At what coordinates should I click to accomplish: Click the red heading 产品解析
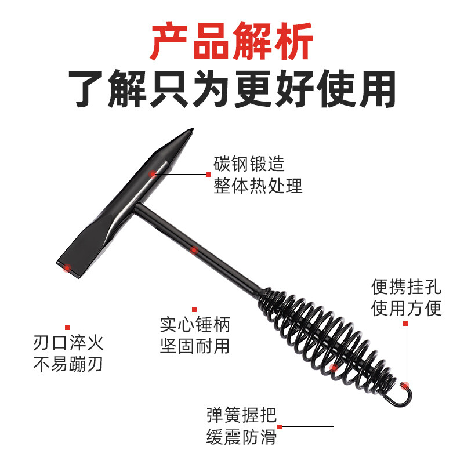pos(231,41)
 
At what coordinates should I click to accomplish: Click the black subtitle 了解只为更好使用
pos(231,89)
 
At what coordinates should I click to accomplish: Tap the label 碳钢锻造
pos(249,165)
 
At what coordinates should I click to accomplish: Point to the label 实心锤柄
pos(195,324)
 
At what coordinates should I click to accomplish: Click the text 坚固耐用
pos(195,346)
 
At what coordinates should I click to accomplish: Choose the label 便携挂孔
pos(407,287)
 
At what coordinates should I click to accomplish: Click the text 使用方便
pos(407,308)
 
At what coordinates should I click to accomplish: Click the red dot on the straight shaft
pos(194,251)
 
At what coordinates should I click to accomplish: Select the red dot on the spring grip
pos(333,367)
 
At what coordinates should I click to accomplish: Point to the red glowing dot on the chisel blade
pos(67,267)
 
